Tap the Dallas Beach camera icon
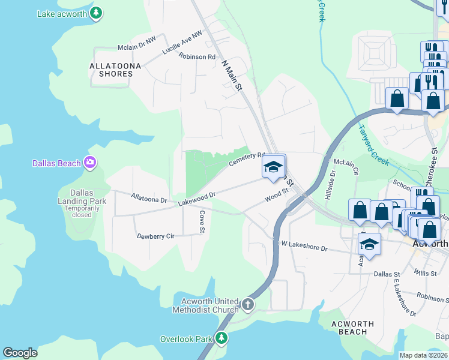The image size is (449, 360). click(x=90, y=163)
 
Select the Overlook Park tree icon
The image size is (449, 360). click(x=221, y=339)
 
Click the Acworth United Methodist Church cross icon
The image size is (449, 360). click(x=247, y=305)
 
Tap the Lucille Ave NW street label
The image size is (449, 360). click(x=182, y=44)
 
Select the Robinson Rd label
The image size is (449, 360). click(x=197, y=56)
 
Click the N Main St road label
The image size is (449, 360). click(x=232, y=76)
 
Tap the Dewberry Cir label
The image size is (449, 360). click(x=155, y=236)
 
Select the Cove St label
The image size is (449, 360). click(x=202, y=222)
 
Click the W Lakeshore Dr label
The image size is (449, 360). click(x=304, y=247)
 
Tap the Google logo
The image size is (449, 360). click(x=20, y=352)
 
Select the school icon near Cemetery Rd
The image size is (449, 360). click(x=273, y=167)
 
